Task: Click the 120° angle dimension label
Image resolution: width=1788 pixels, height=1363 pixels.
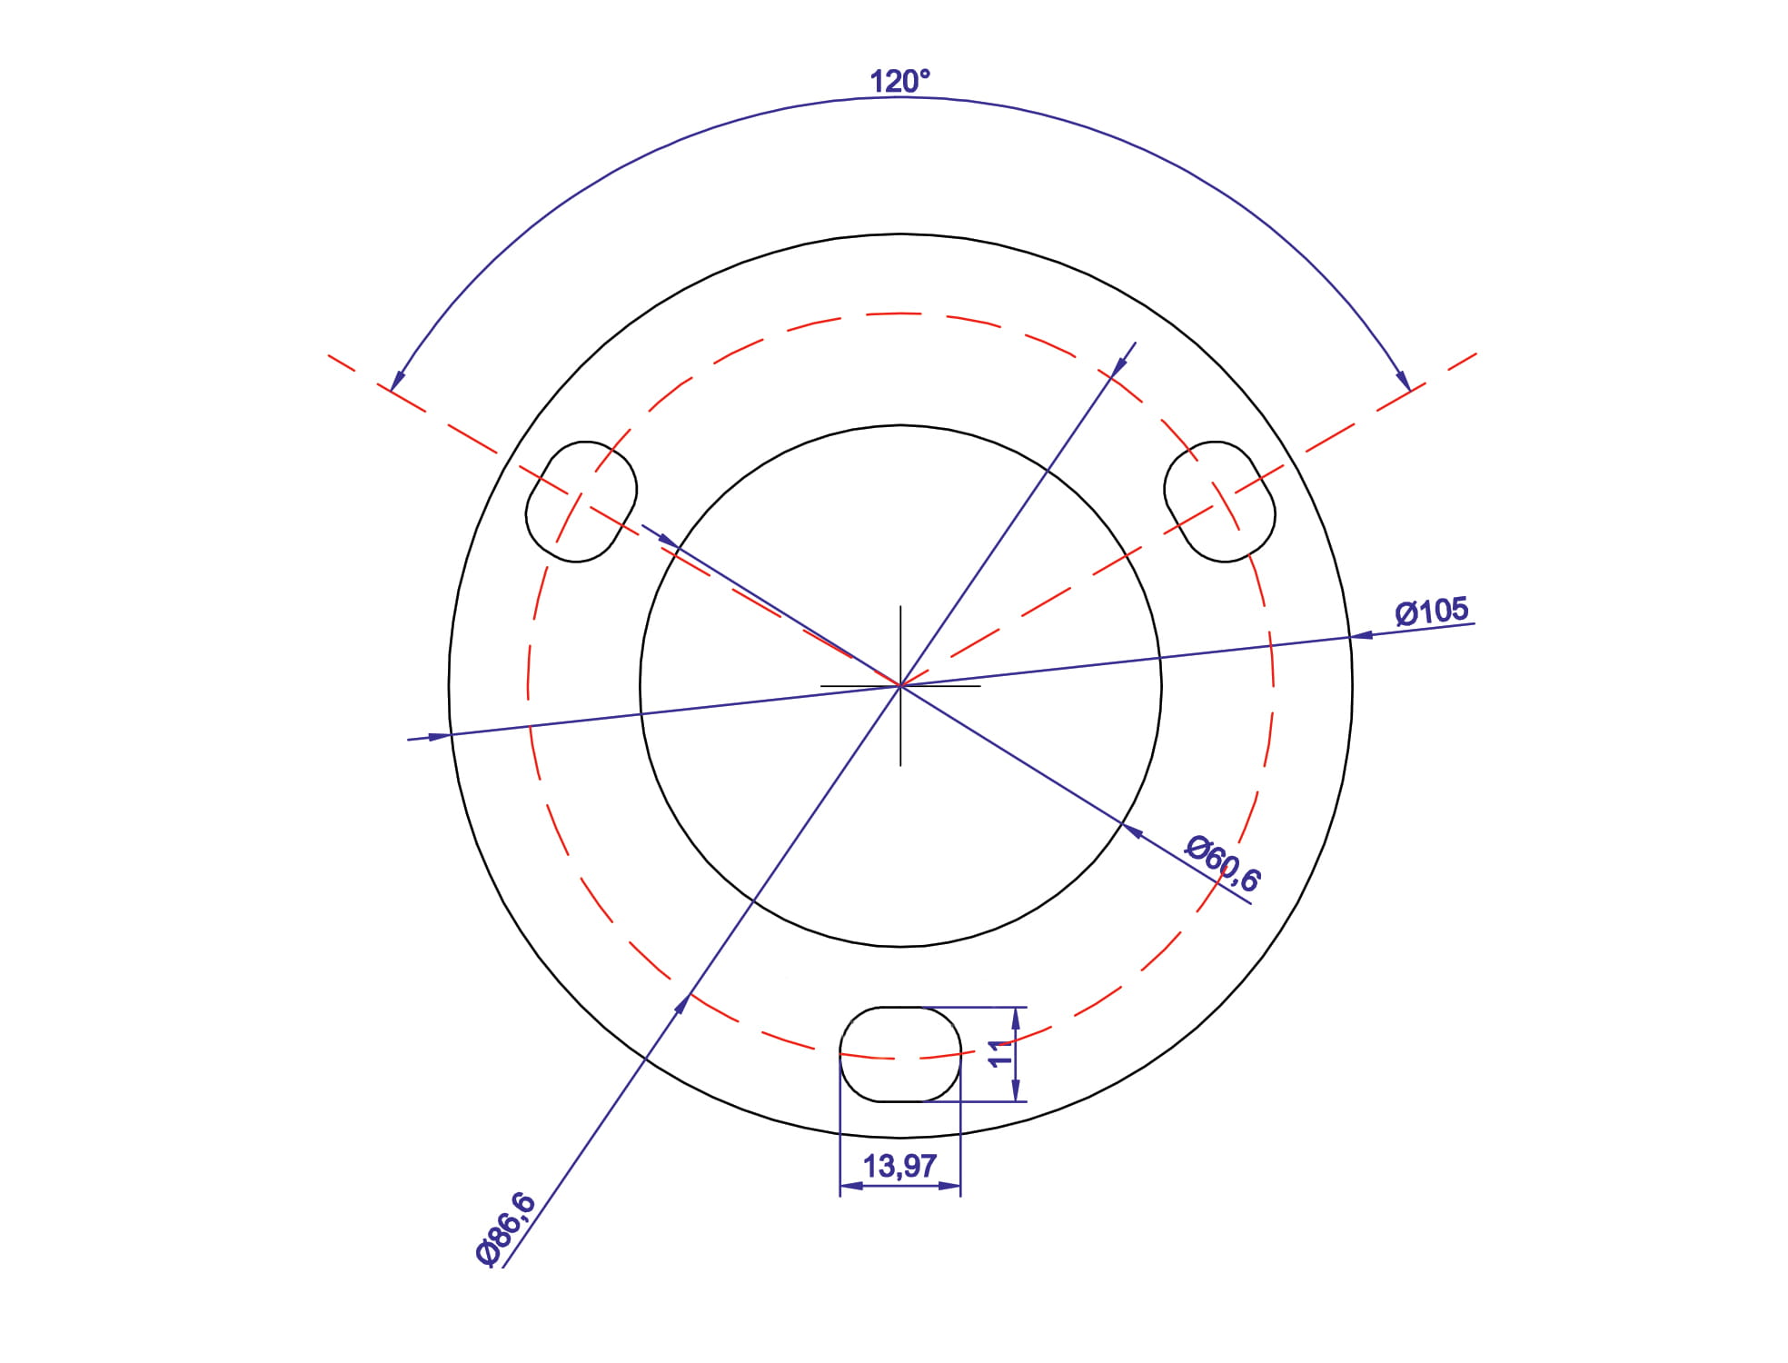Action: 899,82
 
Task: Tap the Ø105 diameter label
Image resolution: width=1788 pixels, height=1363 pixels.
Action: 1432,612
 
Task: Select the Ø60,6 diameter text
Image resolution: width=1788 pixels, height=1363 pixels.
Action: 1223,863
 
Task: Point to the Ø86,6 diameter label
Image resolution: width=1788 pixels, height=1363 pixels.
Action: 506,1229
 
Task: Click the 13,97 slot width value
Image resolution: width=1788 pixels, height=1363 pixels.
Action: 899,1166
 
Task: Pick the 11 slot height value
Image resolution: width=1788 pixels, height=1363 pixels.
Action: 1000,1054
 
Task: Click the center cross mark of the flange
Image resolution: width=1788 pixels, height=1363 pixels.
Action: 900,685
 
